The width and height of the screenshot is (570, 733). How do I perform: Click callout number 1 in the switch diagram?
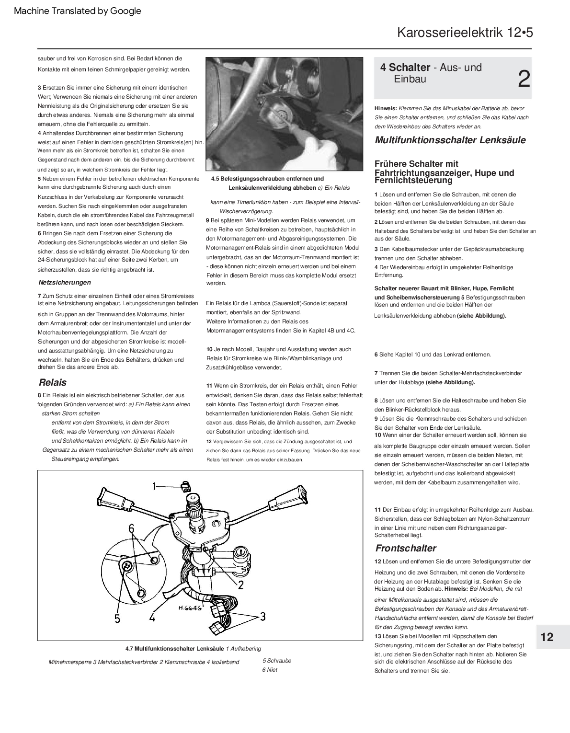point(154,487)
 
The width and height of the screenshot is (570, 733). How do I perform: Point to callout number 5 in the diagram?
point(117,618)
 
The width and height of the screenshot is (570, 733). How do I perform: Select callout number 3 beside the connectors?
point(262,616)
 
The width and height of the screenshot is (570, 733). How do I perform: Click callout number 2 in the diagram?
point(240,584)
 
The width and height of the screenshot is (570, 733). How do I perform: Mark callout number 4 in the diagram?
point(152,618)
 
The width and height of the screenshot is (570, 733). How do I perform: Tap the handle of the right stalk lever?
point(292,495)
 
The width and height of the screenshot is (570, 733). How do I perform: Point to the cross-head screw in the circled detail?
point(127,566)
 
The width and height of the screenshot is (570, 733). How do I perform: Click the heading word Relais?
point(53,382)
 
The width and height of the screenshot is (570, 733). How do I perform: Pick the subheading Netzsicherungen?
point(64,282)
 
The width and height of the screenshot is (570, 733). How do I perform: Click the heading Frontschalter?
point(406,548)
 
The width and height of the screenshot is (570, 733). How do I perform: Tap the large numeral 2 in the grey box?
point(524,79)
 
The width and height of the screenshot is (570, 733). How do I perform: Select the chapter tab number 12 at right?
point(547,637)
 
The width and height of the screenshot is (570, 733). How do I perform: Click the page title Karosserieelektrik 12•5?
point(465,33)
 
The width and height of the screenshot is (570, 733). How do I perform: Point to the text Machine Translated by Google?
point(78,11)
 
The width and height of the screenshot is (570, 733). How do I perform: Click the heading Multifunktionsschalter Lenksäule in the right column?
point(450,140)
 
